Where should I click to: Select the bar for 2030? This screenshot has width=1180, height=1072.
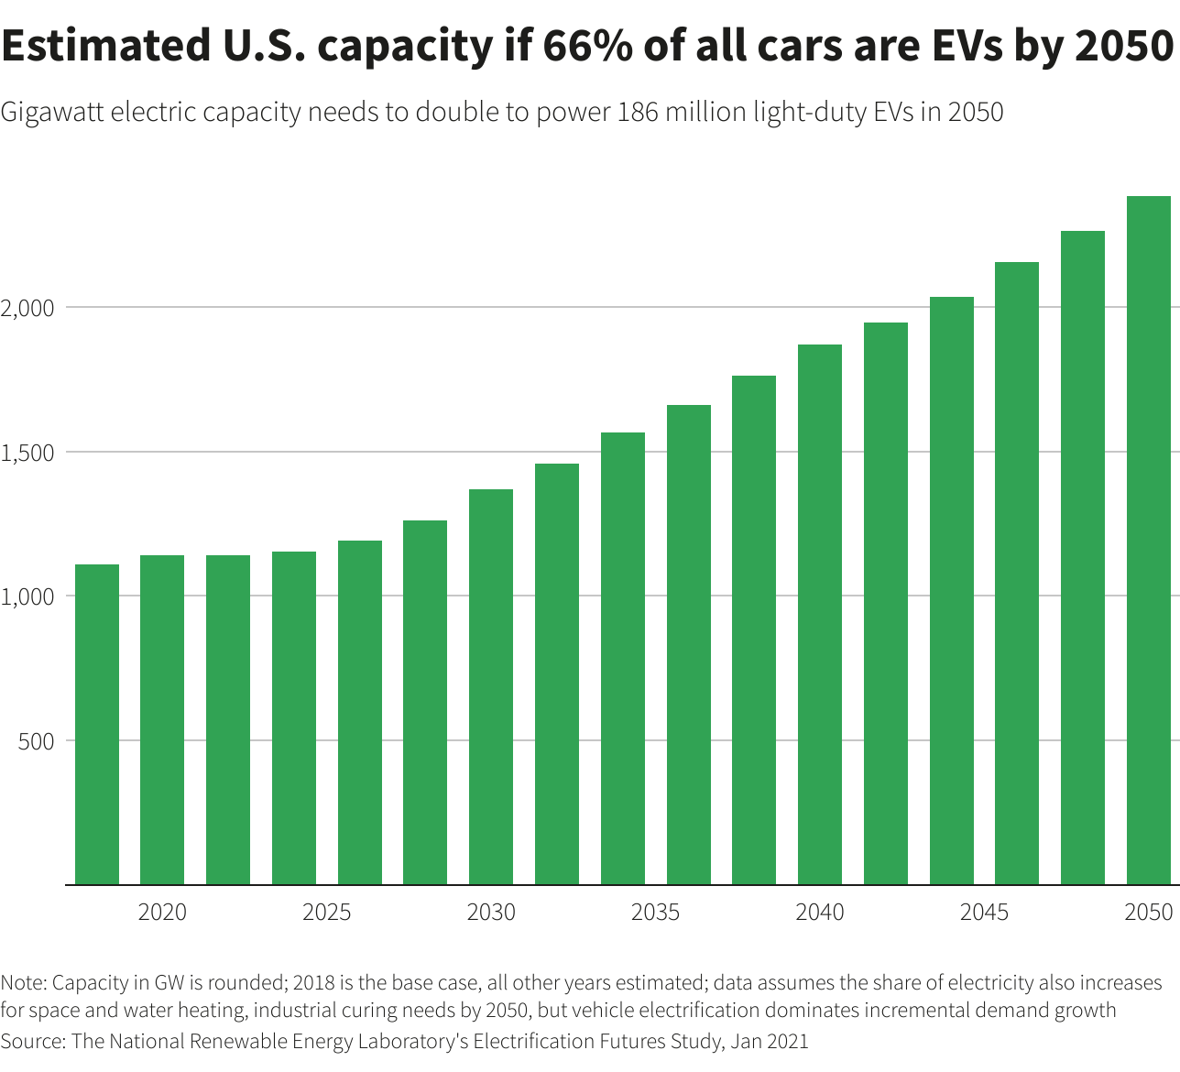[491, 687]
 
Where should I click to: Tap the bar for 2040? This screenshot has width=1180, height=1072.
[820, 614]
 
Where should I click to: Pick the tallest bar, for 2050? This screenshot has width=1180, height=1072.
[1149, 541]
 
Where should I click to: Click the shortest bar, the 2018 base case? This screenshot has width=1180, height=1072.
[96, 724]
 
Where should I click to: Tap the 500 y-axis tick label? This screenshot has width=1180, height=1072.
[36, 741]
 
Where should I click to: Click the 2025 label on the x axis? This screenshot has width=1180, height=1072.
[327, 913]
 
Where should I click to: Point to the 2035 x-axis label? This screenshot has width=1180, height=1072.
[656, 913]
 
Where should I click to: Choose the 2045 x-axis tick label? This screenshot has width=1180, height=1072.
[985, 913]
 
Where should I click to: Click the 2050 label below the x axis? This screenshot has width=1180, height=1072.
[1149, 913]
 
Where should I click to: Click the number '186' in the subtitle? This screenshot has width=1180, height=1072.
[638, 113]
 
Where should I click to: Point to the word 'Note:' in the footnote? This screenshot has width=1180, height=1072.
[24, 983]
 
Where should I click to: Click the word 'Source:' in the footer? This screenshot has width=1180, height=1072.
[33, 1042]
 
